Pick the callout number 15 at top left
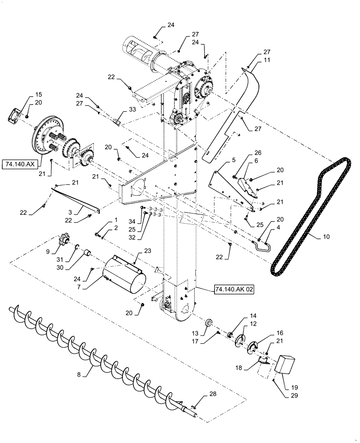pyautogui.click(x=39, y=95)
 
